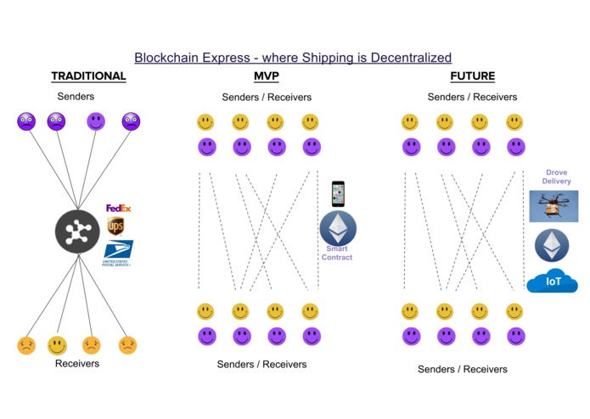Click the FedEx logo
tap(118, 208)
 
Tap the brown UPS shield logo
tap(115, 226)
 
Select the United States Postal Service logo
tap(117, 253)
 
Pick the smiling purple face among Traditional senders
tap(95, 121)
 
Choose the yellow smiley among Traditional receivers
tap(57, 345)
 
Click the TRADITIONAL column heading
tap(88, 76)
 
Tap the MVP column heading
tap(266, 76)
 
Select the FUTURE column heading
tap(472, 76)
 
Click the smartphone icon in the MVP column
tap(338, 194)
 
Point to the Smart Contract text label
tap(337, 253)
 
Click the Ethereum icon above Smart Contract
tap(338, 228)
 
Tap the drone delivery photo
tap(553, 206)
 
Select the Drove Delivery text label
tap(556, 176)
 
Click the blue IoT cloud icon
tap(552, 281)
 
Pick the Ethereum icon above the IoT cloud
tap(552, 246)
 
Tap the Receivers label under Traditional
tap(77, 363)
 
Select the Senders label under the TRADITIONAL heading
tap(76, 97)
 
